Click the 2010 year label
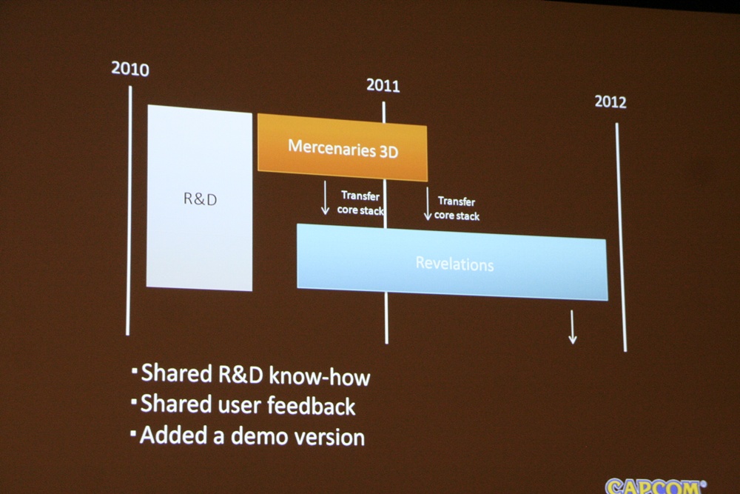(x=129, y=69)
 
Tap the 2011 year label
(x=383, y=85)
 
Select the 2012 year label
(x=610, y=101)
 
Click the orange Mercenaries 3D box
(x=342, y=147)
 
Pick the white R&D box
(x=199, y=198)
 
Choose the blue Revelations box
(x=452, y=262)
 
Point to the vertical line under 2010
(x=129, y=210)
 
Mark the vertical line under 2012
(x=621, y=237)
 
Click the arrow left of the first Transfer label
(x=325, y=198)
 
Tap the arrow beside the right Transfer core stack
(x=428, y=204)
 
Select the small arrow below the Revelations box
(x=573, y=327)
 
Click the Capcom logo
(x=656, y=486)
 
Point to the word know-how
(x=320, y=377)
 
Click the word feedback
(x=311, y=406)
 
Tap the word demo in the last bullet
(x=259, y=436)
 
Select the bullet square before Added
(x=133, y=433)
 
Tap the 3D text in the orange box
(x=388, y=152)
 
